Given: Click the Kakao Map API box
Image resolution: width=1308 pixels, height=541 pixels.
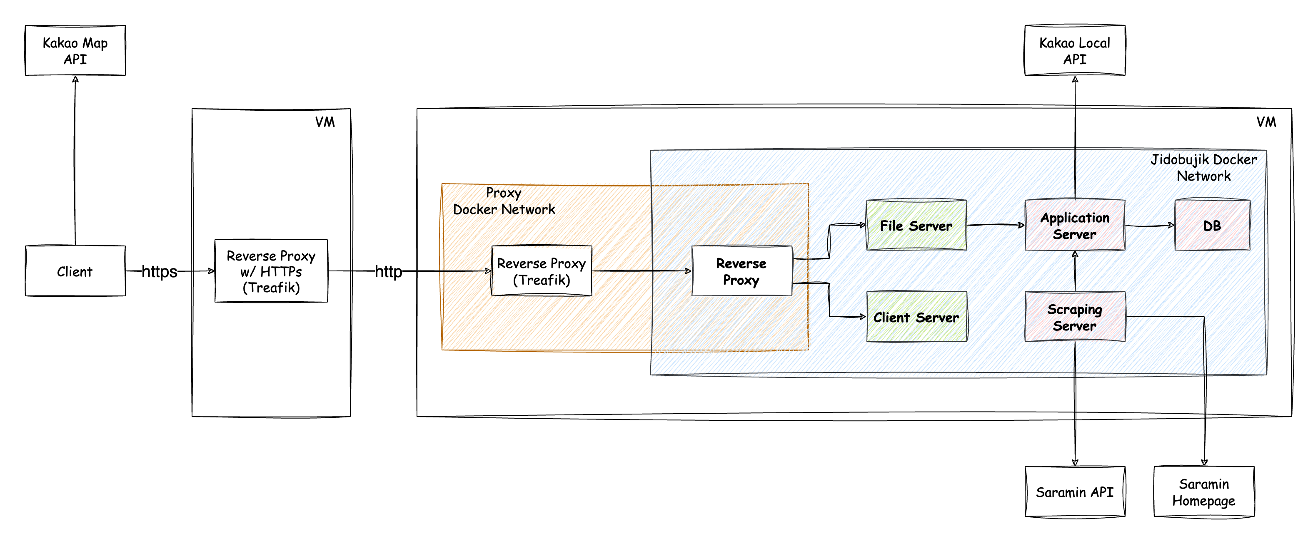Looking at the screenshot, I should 75,51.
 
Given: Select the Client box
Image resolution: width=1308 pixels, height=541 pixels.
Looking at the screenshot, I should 75,271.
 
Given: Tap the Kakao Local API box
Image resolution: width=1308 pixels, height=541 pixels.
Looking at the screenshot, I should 1074,51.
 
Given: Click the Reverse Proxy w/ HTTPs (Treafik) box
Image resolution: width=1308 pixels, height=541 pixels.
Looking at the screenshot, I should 271,271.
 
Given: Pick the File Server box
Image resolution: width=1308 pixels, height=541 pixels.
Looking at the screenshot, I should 916,225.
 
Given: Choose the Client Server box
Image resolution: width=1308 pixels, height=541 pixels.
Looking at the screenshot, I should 916,317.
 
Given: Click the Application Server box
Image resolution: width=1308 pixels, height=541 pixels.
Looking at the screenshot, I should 1074,225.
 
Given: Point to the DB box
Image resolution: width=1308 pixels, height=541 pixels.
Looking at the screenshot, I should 1212,225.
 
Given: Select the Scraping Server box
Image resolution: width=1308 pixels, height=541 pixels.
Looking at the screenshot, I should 1074,317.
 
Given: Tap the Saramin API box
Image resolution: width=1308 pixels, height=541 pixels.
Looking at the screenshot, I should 1074,492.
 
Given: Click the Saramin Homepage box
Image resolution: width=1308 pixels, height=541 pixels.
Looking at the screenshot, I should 1203,492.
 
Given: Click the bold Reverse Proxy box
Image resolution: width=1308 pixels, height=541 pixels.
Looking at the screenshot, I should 741,271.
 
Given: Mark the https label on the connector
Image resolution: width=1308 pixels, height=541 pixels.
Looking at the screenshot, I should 160,271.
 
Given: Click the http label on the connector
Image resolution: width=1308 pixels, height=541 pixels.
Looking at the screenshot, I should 388,271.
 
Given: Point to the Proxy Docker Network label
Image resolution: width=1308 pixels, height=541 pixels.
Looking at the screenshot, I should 504,201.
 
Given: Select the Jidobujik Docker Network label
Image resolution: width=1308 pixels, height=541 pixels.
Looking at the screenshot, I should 1203,167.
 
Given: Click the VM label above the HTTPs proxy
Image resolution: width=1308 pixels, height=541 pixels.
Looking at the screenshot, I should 325,122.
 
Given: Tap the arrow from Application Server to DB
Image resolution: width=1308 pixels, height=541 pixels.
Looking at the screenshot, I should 1149,225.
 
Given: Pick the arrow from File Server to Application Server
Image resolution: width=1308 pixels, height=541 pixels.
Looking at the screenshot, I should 995,225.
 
